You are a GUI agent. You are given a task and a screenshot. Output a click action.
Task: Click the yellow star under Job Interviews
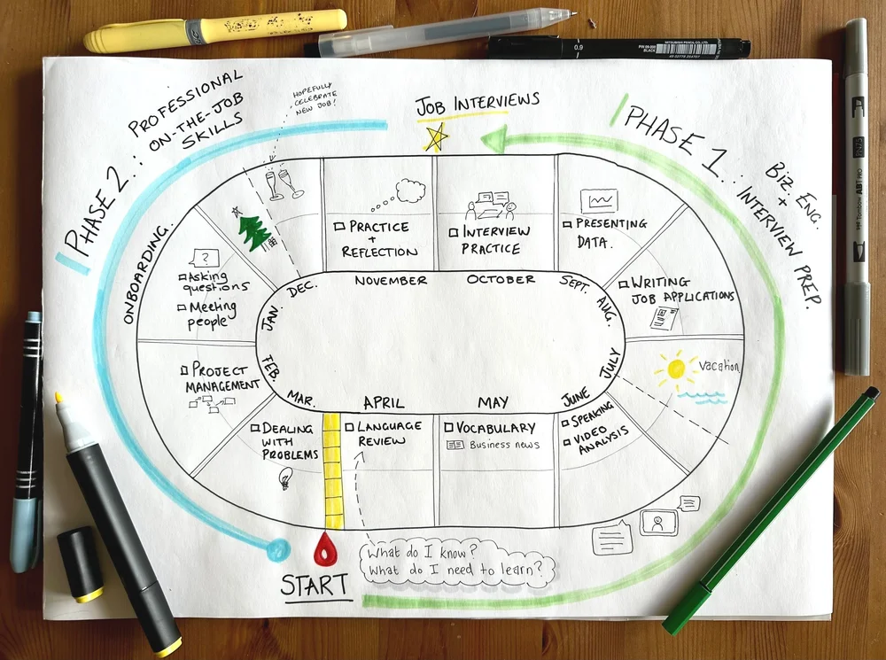pos(435,136)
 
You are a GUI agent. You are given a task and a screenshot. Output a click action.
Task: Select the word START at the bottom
pos(315,586)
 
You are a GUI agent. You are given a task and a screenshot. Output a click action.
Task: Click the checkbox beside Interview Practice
pos(454,232)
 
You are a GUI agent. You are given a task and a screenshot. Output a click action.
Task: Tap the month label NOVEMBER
pos(391,281)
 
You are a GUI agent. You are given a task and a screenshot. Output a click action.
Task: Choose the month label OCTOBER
pos(501,280)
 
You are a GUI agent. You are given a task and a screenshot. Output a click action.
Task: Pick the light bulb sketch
pos(286,478)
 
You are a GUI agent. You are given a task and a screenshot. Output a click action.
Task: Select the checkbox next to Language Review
pos(350,427)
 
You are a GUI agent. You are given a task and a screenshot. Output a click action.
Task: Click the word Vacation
pos(718,366)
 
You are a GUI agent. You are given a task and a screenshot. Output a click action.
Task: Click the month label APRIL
pos(384,401)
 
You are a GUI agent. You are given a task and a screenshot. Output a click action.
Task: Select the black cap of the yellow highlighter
pos(80,563)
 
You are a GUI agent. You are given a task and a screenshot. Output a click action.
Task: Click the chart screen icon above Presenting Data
pos(592,201)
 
